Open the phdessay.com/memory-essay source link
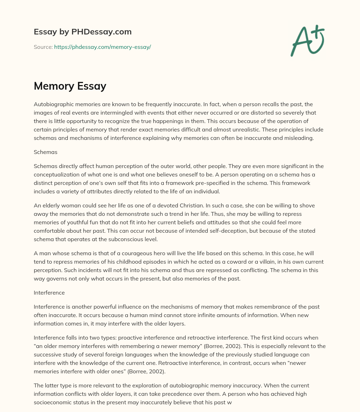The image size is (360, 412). coord(102,47)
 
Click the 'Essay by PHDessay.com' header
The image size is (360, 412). coord(83,32)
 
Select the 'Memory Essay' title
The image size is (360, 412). coord(70,85)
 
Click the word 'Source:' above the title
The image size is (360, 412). coord(43,47)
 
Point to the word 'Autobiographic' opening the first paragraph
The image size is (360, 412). coord(52,104)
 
